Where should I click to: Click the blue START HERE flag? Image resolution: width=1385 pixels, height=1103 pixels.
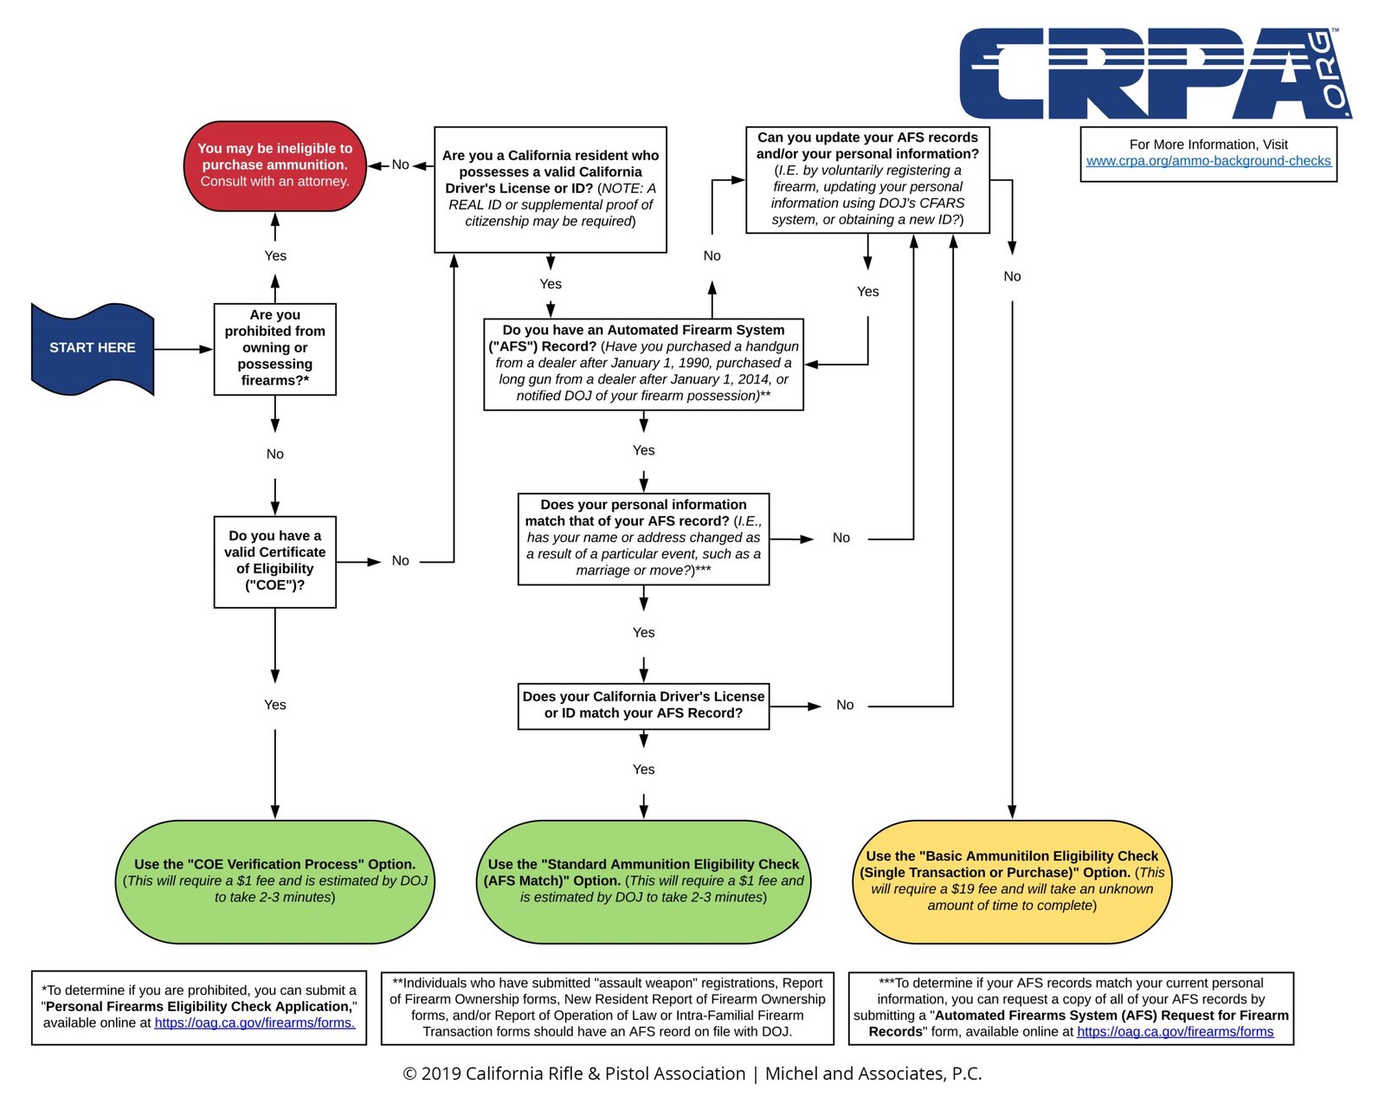pos(93,349)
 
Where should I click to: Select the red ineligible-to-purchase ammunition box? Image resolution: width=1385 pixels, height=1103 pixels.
pos(274,165)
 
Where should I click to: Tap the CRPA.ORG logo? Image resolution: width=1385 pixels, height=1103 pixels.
pos(1156,73)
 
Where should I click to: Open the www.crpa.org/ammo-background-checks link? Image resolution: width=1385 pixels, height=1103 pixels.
pos(1208,161)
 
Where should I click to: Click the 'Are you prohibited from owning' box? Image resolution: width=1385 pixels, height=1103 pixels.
pos(274,349)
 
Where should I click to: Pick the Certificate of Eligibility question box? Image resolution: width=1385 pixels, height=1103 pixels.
pos(274,562)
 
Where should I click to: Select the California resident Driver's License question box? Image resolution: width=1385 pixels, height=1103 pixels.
pos(551,190)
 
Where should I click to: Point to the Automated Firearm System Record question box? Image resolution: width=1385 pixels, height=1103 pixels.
pos(643,364)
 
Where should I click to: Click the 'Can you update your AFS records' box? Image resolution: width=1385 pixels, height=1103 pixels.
pos(867,179)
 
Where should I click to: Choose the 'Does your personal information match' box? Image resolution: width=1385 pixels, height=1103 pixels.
pos(643,539)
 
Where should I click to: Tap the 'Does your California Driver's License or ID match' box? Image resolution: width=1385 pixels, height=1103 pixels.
pos(643,706)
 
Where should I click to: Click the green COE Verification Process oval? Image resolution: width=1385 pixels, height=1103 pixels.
pos(274,881)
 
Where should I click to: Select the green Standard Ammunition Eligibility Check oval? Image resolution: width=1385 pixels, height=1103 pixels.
pos(643,881)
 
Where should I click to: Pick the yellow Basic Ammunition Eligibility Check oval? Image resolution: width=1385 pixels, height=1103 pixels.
pos(1012,881)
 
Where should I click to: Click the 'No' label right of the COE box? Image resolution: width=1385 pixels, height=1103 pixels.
pos(400,561)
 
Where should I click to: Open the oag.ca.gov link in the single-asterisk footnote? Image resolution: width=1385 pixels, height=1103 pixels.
pos(254,1022)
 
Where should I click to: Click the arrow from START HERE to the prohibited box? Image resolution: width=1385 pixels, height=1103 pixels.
pos(184,349)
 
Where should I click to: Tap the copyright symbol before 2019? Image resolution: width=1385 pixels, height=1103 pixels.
pos(409,1074)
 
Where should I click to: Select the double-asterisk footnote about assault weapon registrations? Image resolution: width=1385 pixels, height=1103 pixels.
pos(608,1008)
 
